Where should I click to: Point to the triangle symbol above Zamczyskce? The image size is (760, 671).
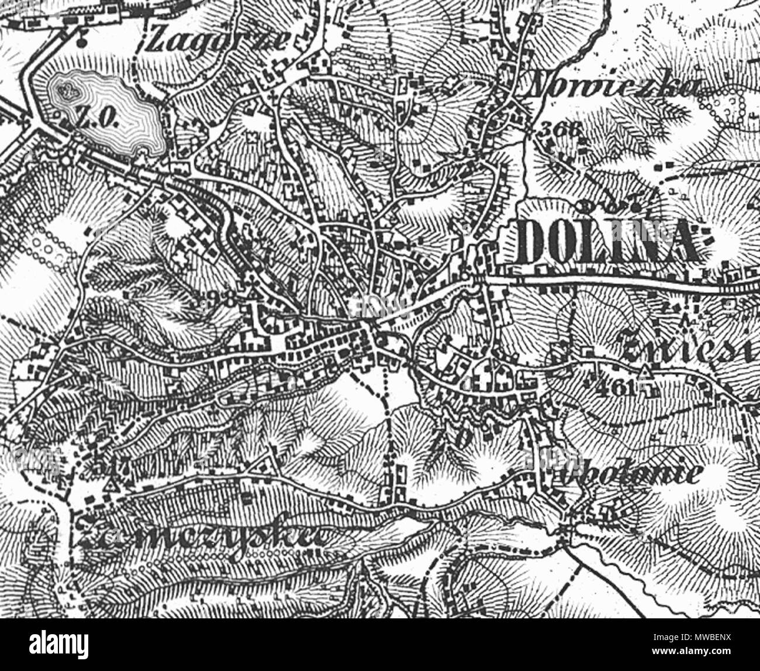111,486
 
